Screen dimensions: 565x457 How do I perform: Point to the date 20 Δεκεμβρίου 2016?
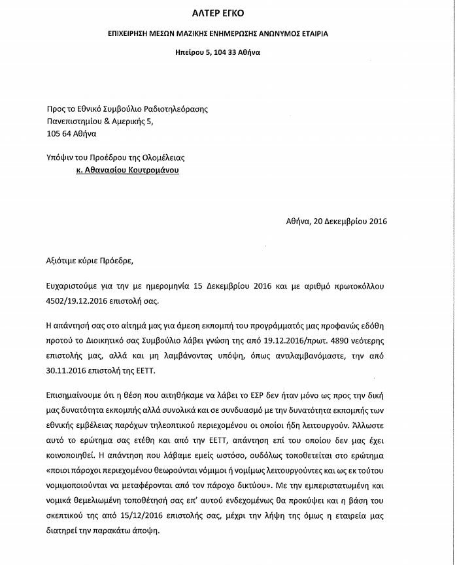350,221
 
